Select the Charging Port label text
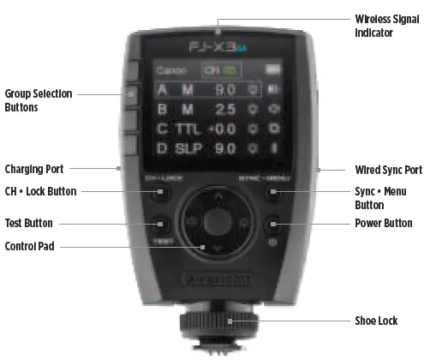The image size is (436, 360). click(x=34, y=169)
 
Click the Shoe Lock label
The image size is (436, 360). click(x=376, y=321)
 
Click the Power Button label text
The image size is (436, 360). click(x=383, y=224)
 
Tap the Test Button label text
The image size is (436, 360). click(x=29, y=224)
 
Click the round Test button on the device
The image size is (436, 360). click(x=162, y=226)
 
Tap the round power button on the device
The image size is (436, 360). click(x=272, y=226)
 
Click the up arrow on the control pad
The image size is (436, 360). click(x=217, y=196)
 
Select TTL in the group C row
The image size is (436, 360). click(x=186, y=129)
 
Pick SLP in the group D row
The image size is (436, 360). click(x=186, y=148)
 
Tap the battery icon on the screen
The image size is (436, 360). click(x=273, y=67)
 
